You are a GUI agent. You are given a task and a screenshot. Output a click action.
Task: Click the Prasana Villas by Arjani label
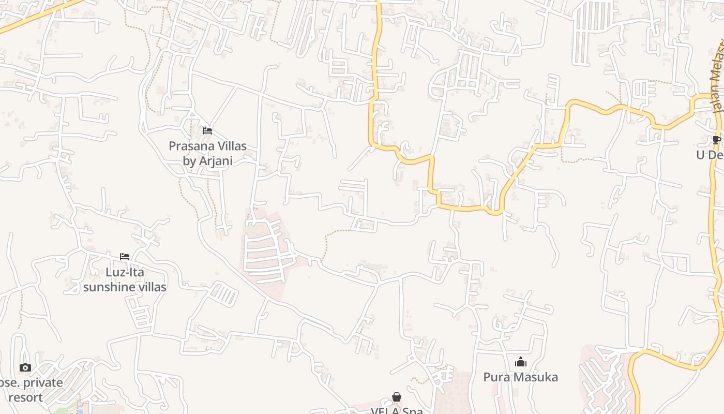(x=207, y=153)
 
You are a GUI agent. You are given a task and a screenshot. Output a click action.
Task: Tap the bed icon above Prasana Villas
(x=207, y=131)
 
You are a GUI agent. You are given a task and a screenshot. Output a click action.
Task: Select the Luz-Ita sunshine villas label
(x=125, y=279)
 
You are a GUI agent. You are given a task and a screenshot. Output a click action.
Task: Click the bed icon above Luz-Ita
(x=125, y=257)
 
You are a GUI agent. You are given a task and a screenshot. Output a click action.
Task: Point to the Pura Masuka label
(x=520, y=377)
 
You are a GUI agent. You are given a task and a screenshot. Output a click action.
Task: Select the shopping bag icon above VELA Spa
(x=397, y=397)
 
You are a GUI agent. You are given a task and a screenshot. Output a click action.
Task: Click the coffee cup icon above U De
(x=717, y=140)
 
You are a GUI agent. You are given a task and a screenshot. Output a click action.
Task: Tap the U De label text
(x=709, y=155)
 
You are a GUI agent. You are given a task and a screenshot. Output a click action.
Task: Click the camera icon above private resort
(x=25, y=368)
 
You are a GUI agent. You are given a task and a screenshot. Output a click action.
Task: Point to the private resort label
(x=31, y=390)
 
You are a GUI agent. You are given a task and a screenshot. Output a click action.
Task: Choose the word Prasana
(x=189, y=146)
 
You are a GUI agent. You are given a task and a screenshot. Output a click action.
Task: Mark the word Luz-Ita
(x=125, y=272)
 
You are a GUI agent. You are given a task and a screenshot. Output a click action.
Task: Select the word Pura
(x=495, y=377)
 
